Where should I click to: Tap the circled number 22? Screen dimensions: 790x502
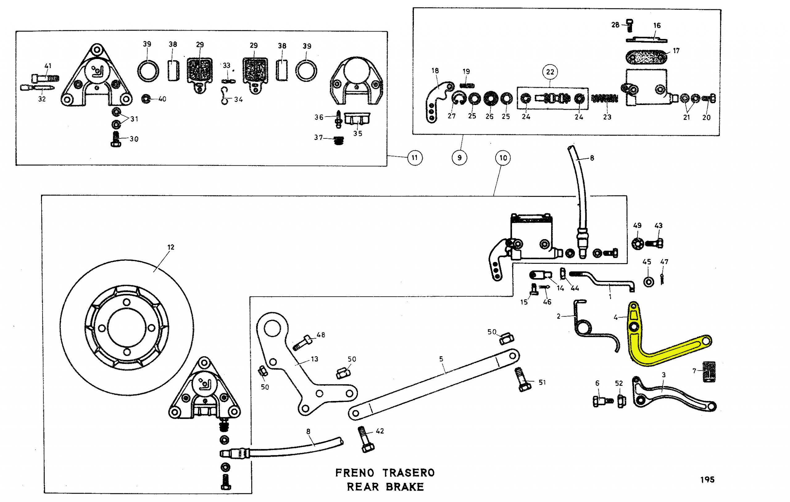pos(550,72)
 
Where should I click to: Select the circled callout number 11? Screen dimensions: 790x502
pos(415,158)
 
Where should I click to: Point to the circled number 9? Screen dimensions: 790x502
pos(459,158)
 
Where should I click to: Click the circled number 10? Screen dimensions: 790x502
pos(503,158)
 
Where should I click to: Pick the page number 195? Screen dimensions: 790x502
pos(707,480)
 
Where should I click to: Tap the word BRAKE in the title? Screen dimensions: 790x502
pos(405,487)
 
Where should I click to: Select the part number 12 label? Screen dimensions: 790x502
pos(171,247)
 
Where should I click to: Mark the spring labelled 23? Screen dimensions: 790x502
pos(605,98)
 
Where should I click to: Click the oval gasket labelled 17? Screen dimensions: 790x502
pos(646,57)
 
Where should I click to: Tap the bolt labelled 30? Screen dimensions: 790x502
pos(116,139)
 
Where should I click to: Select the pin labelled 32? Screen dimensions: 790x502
pos(37,88)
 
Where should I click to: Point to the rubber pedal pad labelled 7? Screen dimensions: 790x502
pos(709,372)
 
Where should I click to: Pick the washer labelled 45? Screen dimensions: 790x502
pos(649,282)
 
